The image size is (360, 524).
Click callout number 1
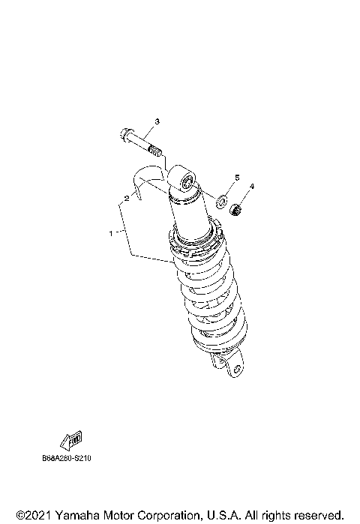click(111, 233)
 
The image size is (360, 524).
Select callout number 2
click(127, 199)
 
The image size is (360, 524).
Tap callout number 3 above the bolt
click(157, 121)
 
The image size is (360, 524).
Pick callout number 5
click(236, 178)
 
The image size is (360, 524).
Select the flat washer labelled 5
click(222, 201)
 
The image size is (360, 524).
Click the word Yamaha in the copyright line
click(81, 515)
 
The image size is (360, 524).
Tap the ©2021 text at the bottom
click(34, 515)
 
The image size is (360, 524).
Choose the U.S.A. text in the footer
click(221, 515)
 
